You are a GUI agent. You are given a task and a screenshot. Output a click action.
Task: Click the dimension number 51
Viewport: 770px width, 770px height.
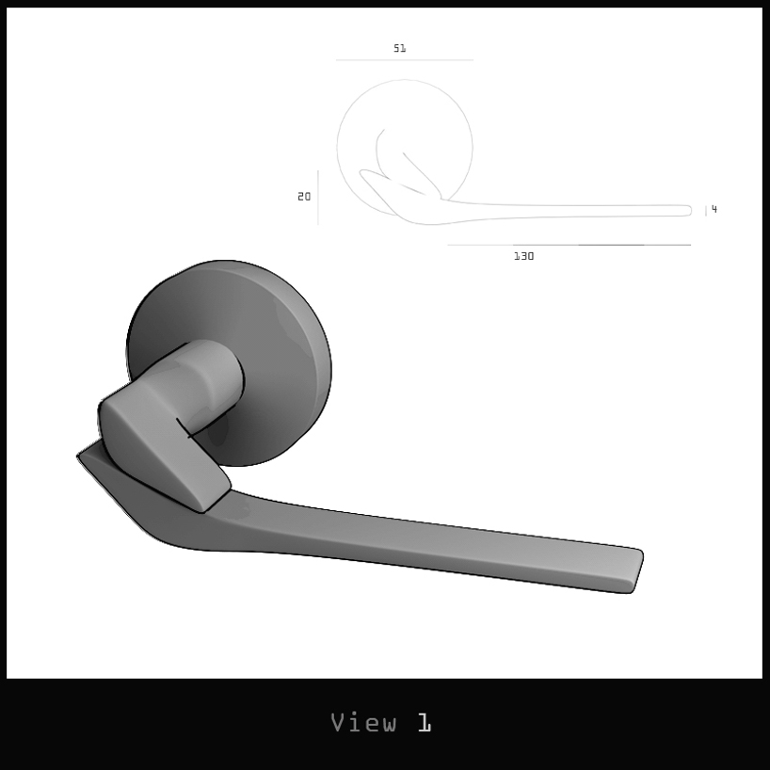coord(400,48)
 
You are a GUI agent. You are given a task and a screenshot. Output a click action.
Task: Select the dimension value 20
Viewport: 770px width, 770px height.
coord(304,197)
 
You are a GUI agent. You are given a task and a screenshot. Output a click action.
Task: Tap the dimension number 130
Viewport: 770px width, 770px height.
coord(523,256)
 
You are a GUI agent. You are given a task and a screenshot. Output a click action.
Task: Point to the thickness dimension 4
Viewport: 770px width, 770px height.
coord(714,209)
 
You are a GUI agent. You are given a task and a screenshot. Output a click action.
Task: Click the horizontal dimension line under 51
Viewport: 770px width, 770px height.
coord(404,60)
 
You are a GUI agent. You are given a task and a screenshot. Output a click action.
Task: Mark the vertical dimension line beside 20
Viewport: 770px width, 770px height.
coord(318,197)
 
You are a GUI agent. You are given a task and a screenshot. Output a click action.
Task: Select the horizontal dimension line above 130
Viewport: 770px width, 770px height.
coord(569,245)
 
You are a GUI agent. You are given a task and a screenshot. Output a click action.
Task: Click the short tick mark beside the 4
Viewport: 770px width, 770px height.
coord(706,211)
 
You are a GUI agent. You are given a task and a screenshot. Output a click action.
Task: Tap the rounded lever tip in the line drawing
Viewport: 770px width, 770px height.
coord(688,211)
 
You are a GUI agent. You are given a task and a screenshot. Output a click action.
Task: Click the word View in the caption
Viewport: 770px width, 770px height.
coord(363,723)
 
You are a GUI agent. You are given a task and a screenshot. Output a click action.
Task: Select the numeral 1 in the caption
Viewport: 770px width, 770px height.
coord(425,723)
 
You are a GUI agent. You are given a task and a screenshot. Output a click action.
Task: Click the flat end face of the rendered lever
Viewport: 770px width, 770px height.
coord(635,571)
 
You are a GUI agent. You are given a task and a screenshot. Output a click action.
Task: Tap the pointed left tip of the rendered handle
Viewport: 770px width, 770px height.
coord(82,457)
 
